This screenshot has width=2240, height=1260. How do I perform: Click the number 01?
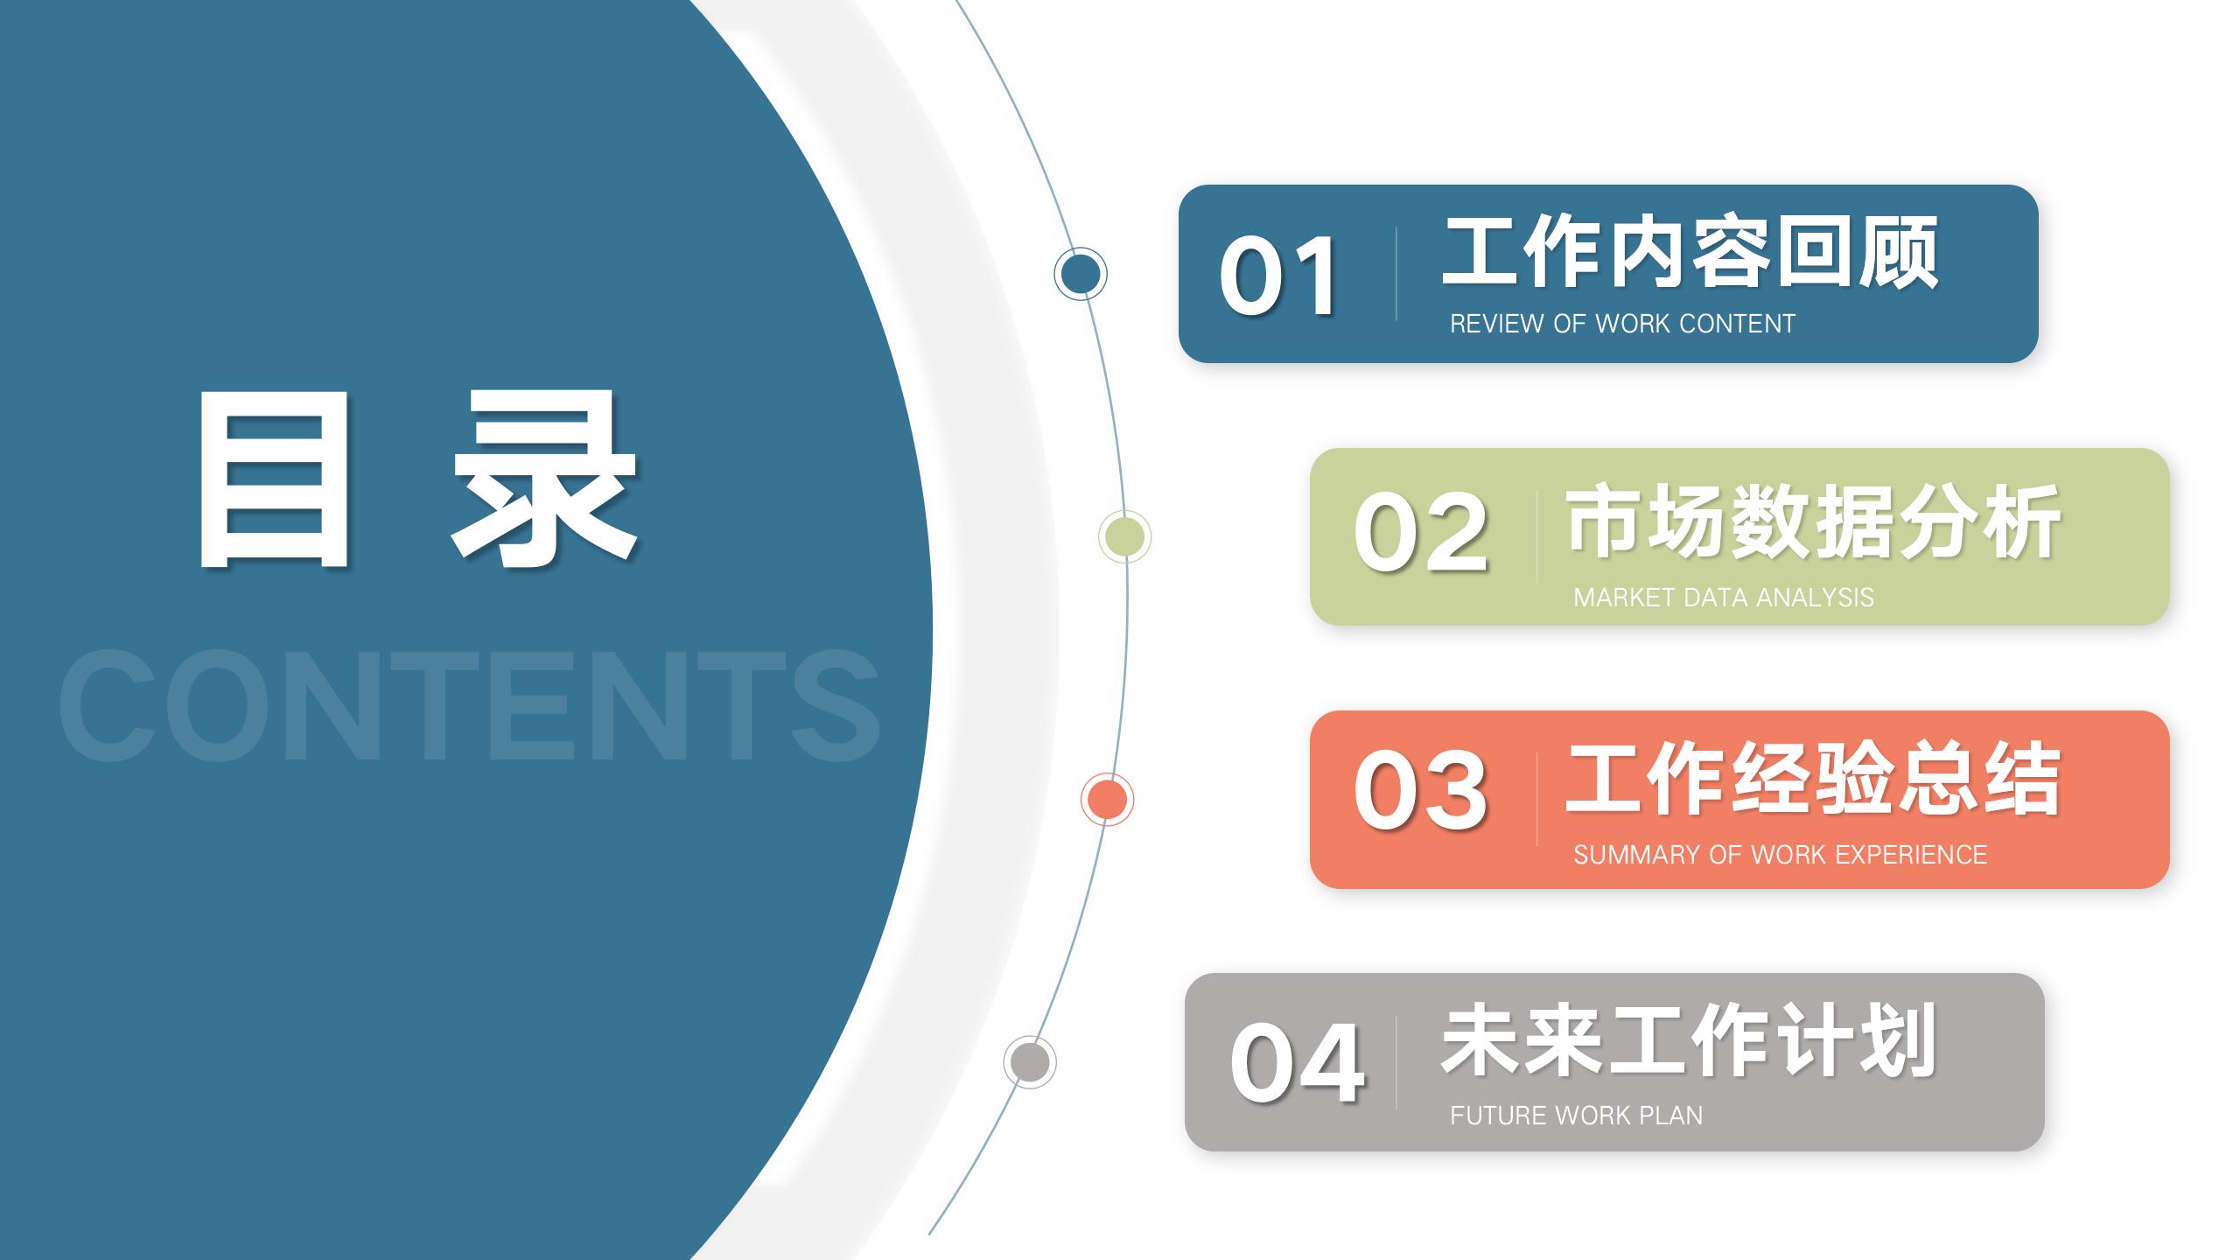click(x=1277, y=276)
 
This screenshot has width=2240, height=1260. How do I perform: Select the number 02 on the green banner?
click(x=1420, y=531)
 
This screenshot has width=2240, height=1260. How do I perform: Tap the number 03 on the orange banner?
click(x=1420, y=790)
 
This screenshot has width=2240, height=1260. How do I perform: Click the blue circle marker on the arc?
click(x=1081, y=274)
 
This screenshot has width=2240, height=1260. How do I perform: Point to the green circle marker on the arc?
click(x=1124, y=536)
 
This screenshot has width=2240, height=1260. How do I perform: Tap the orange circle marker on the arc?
click(x=1107, y=799)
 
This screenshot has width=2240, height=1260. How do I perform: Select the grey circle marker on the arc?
click(x=1030, y=1062)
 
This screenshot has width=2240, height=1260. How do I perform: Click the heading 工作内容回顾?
click(x=1690, y=254)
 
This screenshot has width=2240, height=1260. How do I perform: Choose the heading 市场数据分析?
click(x=1814, y=521)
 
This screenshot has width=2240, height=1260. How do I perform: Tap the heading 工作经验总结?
click(x=1814, y=779)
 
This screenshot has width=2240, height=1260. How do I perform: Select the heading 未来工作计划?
click(x=1689, y=1041)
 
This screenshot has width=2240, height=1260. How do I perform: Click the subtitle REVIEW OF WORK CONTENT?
click(x=1622, y=324)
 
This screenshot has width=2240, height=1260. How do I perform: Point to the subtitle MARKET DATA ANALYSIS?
click(x=1724, y=598)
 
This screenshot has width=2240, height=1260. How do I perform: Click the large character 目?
click(x=274, y=479)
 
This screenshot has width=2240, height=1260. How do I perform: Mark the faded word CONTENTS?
click(x=470, y=705)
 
